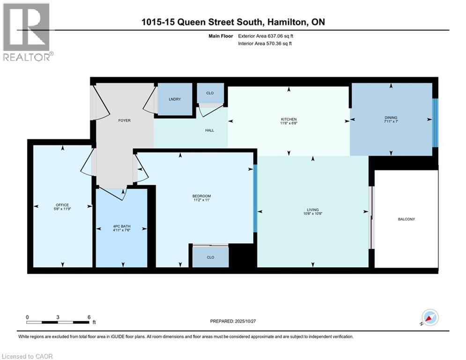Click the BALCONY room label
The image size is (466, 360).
406,219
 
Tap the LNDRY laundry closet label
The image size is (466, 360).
175,99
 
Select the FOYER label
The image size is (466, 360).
124,120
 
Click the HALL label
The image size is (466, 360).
209,130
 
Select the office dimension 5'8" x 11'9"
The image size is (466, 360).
62,210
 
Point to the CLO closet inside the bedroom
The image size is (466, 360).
210,257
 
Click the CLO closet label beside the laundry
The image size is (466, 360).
210,93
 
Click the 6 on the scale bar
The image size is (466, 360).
89,317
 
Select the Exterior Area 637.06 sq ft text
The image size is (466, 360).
266,36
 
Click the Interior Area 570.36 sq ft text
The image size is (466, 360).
266,44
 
